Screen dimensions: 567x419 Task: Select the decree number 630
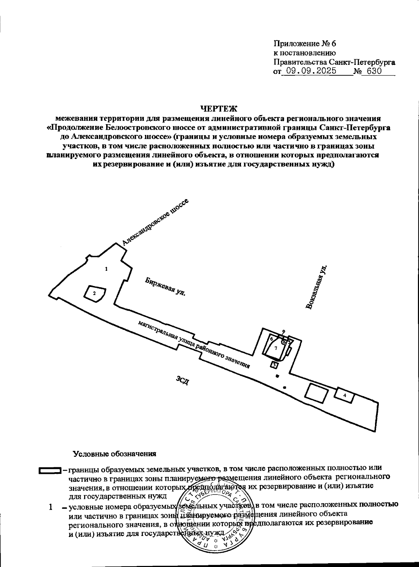[x=372, y=71]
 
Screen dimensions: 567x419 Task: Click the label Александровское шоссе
[x=155, y=222]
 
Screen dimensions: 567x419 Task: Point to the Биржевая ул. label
[x=165, y=287]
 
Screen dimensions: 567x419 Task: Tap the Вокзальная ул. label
[x=316, y=287]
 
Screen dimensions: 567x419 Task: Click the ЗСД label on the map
[x=183, y=380]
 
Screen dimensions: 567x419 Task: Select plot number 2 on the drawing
[x=94, y=294]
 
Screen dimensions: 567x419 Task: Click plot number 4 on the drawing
[x=345, y=395]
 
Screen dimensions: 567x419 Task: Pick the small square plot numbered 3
[x=274, y=365]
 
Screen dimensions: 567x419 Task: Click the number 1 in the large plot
[x=106, y=269]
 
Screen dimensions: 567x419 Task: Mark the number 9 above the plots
[x=284, y=332]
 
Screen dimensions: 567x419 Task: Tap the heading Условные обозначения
[x=114, y=454]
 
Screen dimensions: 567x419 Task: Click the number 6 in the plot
[x=271, y=338]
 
